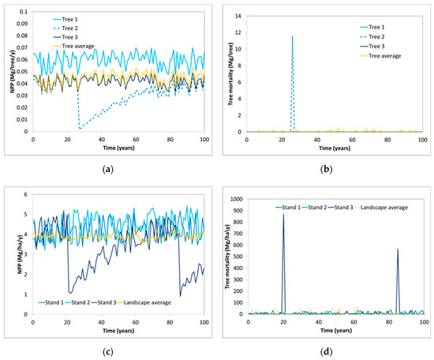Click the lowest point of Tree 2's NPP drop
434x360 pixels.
(79, 128)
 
